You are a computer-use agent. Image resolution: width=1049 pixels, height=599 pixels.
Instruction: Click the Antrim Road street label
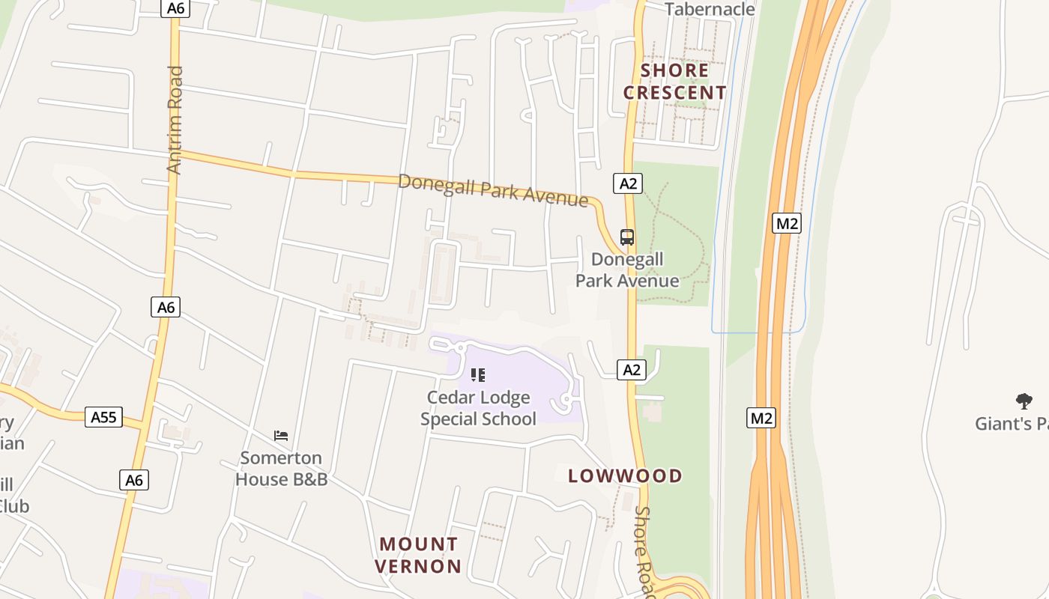(175, 121)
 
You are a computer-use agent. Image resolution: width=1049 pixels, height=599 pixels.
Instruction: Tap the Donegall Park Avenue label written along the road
(492, 190)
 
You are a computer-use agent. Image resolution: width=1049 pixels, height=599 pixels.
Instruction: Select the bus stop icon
(627, 237)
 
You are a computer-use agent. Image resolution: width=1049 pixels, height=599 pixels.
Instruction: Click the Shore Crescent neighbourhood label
(675, 82)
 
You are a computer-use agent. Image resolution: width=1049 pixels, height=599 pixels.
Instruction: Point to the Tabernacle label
(710, 9)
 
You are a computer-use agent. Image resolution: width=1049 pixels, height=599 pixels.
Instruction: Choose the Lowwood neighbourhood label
(626, 476)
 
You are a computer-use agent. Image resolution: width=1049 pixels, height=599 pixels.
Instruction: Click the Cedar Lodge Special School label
(478, 408)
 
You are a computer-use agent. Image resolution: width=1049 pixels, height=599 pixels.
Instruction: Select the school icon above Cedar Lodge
(478, 374)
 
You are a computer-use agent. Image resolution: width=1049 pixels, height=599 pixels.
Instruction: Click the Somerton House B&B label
(282, 468)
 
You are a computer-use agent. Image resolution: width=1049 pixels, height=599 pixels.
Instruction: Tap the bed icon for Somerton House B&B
(281, 435)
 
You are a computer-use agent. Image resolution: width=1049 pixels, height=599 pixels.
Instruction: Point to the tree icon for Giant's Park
(1024, 401)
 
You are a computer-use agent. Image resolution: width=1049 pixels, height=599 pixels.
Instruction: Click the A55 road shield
(103, 417)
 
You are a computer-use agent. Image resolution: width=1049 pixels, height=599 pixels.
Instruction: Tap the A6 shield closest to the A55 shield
(134, 480)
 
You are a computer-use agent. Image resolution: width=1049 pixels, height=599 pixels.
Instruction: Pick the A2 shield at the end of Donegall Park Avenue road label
(628, 183)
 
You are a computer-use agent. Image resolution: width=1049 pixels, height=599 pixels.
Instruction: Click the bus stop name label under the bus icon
(627, 270)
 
